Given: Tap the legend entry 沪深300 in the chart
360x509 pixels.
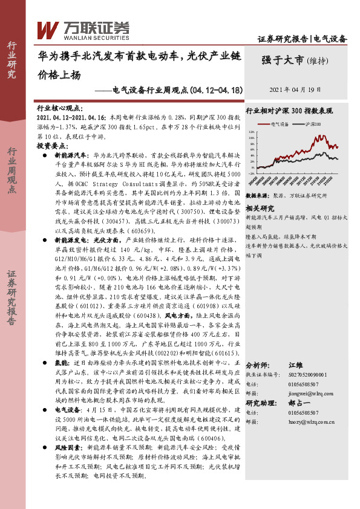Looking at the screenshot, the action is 312,124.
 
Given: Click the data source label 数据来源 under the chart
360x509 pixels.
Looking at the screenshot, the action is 257,196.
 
